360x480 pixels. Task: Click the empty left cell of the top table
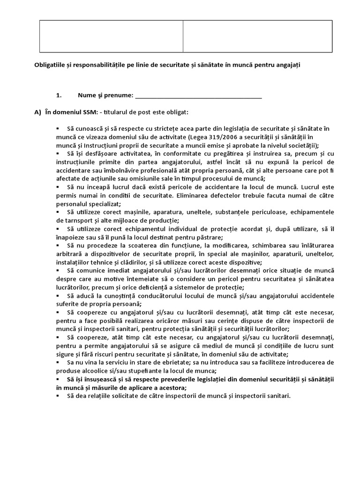[111, 36]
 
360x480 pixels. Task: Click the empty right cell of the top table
[257, 36]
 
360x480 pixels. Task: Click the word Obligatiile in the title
[50, 65]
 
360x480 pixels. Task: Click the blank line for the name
[198, 96]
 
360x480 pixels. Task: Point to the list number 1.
[59, 96]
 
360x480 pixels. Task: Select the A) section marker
[38, 112]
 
